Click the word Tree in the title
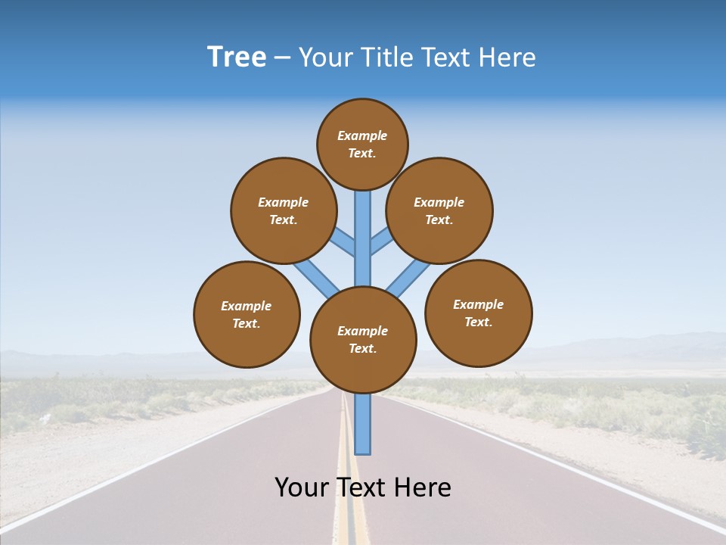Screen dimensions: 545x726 237,58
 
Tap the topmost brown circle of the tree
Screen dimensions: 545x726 362,144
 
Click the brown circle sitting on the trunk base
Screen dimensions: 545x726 363,340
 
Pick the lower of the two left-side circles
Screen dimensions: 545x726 247,314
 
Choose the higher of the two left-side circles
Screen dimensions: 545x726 284,210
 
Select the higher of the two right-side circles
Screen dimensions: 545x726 439,210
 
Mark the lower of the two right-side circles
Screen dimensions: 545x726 478,313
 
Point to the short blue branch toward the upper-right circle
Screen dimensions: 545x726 381,241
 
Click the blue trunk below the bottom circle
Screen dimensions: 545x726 363,424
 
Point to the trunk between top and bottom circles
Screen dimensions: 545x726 363,238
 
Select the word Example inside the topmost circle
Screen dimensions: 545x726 362,135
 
